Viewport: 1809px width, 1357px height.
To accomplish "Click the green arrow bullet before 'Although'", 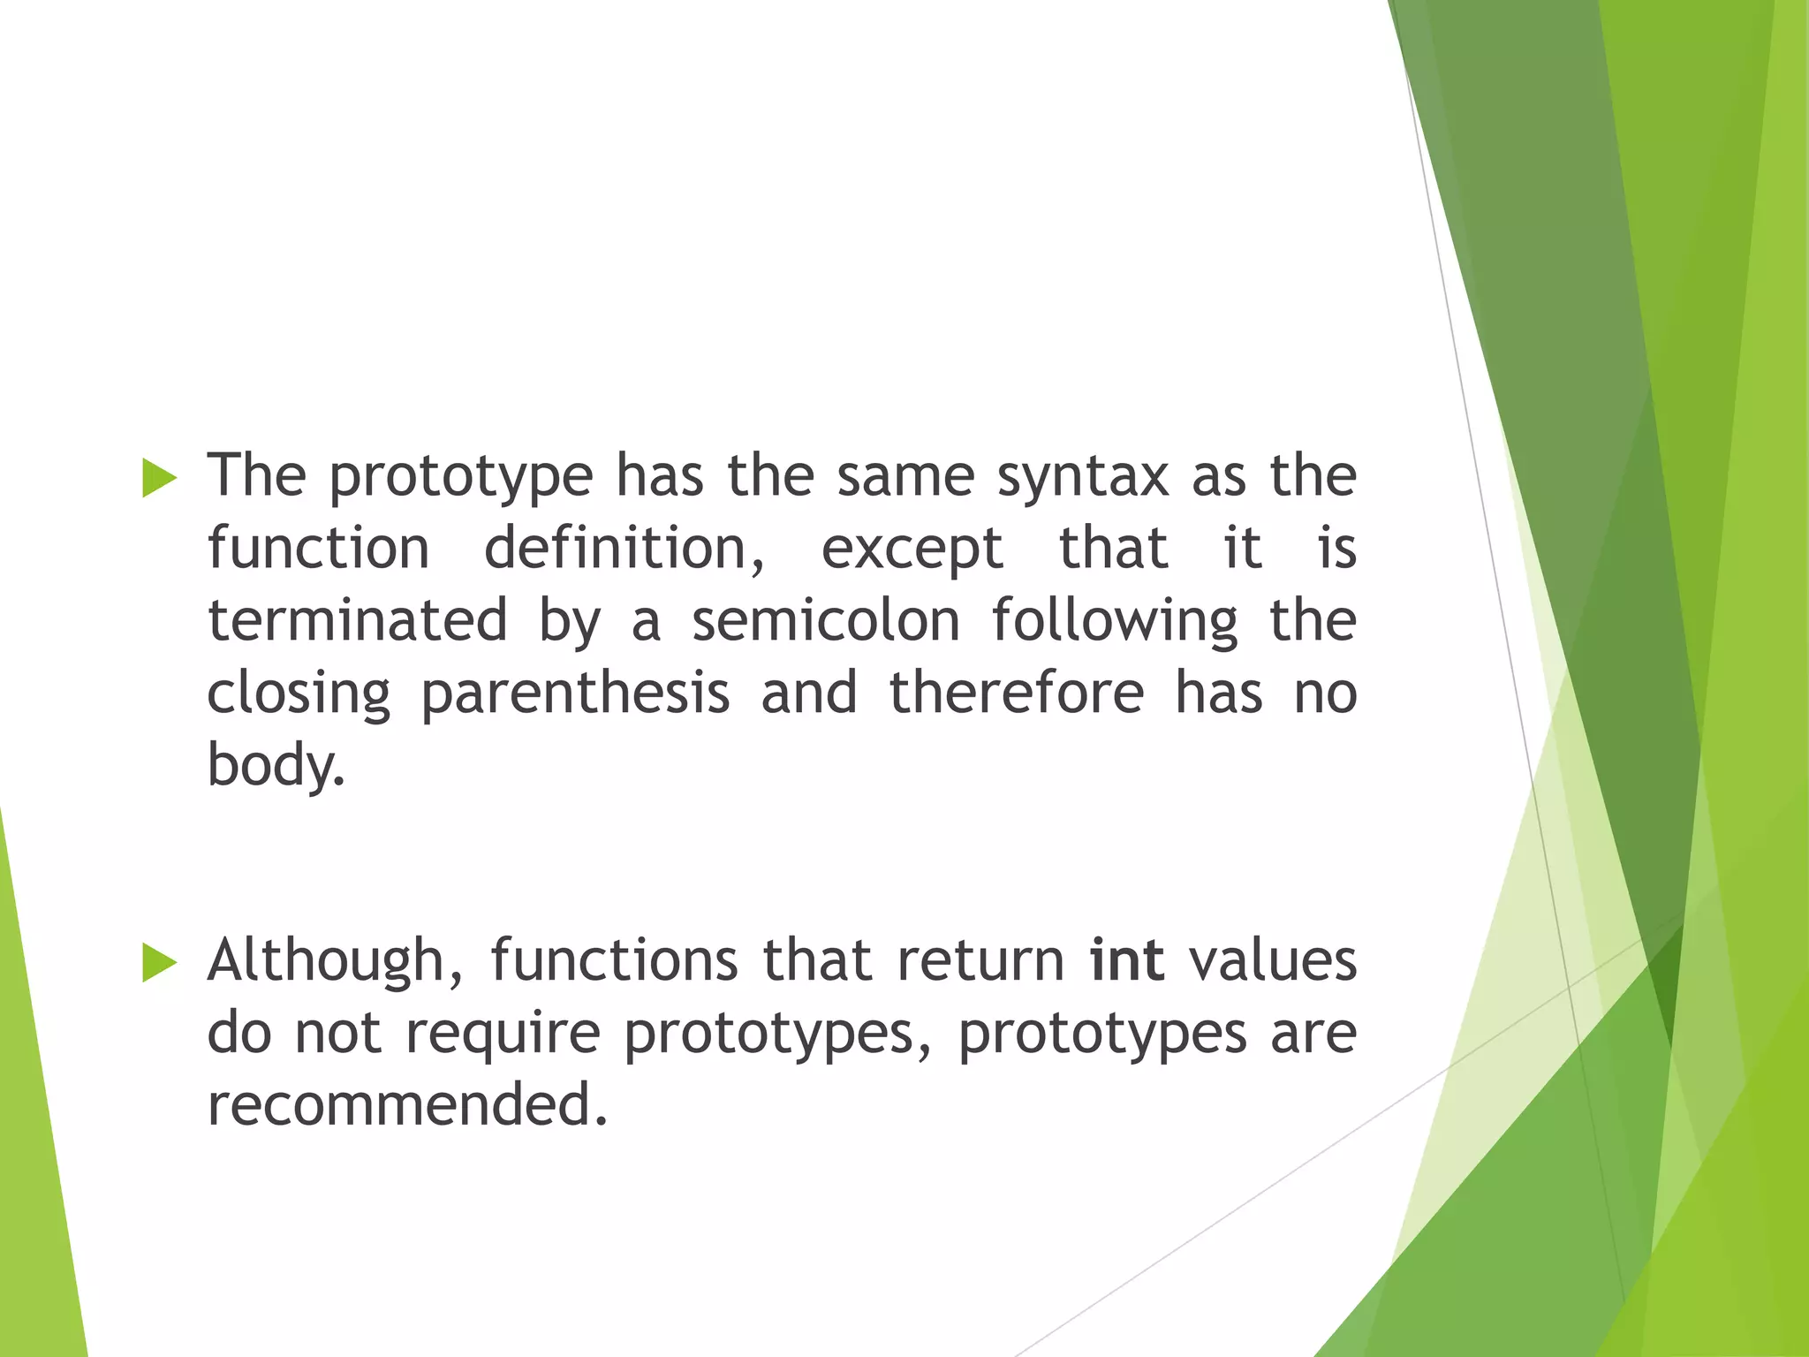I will point(159,962).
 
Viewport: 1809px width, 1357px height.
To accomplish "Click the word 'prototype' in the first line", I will point(460,478).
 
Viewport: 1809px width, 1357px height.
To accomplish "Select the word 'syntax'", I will point(1082,478).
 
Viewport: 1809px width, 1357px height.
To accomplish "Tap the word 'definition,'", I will point(624,550).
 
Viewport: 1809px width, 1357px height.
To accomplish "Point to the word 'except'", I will point(912,550).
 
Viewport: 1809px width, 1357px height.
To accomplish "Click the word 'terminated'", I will point(358,621).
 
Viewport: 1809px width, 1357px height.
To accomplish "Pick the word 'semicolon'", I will point(825,621).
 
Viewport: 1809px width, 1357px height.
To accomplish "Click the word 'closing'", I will point(299,694).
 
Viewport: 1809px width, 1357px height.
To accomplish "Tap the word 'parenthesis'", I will point(575,694).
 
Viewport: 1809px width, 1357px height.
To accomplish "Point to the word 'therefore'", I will point(1016,693).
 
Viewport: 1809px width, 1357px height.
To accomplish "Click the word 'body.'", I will point(275,765).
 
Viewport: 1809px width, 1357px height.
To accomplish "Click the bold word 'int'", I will point(1126,960).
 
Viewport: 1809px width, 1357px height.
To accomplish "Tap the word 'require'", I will point(503,1034).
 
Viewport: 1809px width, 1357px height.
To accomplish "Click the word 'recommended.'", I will point(407,1105).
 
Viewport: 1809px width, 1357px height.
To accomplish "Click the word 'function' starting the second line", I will point(318,550).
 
